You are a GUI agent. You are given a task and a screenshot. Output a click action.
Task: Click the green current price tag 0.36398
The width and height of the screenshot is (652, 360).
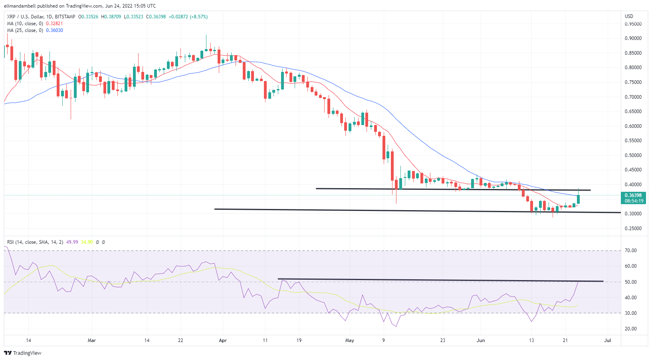tap(633, 195)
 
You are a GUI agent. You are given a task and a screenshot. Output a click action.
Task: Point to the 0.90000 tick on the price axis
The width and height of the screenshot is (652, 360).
tap(633, 38)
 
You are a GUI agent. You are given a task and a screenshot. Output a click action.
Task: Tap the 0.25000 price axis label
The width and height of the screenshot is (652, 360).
tap(633, 229)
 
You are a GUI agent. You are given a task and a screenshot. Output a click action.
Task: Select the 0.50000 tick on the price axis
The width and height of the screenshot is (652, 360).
tap(633, 155)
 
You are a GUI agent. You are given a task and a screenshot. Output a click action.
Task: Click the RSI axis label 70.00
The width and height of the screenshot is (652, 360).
tap(631, 251)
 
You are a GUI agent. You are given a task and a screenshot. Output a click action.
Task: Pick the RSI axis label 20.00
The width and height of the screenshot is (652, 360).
tap(631, 329)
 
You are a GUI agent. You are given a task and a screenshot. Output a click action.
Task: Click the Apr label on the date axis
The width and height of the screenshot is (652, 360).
tap(223, 340)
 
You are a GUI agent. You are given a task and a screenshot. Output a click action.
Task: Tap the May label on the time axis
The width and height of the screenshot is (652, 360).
tap(349, 340)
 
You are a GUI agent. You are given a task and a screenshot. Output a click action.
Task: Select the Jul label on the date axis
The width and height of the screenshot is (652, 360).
tap(608, 340)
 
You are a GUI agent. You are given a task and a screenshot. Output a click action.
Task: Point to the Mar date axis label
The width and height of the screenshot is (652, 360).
tap(92, 340)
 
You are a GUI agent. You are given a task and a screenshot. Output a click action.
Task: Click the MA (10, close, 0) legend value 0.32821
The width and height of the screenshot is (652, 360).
tap(54, 24)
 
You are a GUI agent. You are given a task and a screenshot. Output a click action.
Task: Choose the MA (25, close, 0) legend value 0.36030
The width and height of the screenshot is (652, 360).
tap(54, 30)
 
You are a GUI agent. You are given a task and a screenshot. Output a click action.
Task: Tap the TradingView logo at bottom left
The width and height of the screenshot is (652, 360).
tap(23, 353)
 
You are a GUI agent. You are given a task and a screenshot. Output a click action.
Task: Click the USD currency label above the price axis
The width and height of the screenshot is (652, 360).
tap(629, 16)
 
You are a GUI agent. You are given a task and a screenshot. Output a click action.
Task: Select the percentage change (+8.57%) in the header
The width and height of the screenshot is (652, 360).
tap(198, 17)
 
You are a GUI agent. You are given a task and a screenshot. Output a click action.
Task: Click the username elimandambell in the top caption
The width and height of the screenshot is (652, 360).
tap(20, 6)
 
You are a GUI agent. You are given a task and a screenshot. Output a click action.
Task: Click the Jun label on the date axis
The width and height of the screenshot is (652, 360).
tap(481, 340)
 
